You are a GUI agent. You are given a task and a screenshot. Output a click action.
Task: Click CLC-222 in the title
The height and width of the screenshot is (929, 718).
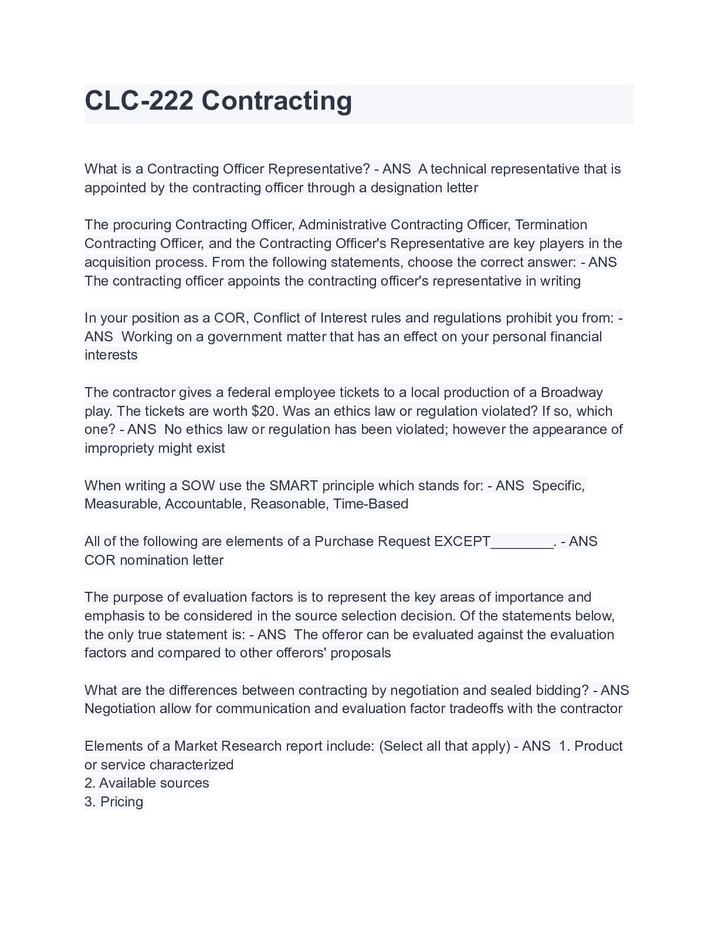point(139,101)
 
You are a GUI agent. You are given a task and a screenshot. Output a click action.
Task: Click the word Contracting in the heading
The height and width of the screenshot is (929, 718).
point(277,101)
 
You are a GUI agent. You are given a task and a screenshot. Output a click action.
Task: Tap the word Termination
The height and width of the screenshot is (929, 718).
point(551,225)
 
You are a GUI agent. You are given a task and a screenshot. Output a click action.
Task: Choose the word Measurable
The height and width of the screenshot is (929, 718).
point(121,504)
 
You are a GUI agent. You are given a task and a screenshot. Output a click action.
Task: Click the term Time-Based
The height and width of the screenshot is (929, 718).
point(371,504)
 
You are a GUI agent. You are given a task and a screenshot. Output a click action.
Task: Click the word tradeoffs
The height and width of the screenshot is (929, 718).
point(476,708)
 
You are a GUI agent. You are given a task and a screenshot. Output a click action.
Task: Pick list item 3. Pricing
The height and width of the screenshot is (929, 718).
point(114,802)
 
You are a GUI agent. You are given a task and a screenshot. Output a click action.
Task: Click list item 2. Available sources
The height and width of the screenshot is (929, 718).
point(147,783)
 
